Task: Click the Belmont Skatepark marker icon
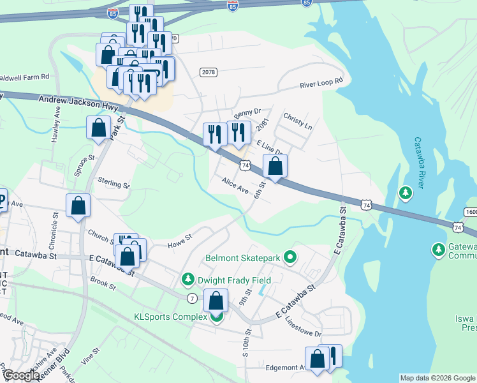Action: coord(291,259)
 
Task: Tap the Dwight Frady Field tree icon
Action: coord(188,280)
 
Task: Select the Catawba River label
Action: coord(420,163)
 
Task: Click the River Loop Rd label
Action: coord(322,83)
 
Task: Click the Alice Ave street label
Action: coord(235,186)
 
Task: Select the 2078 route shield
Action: coord(207,72)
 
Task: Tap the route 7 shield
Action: coord(192,298)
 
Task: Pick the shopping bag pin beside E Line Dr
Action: coord(275,166)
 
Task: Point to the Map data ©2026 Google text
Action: coord(437,378)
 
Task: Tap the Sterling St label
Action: coord(114,184)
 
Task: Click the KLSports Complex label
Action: coord(170,317)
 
